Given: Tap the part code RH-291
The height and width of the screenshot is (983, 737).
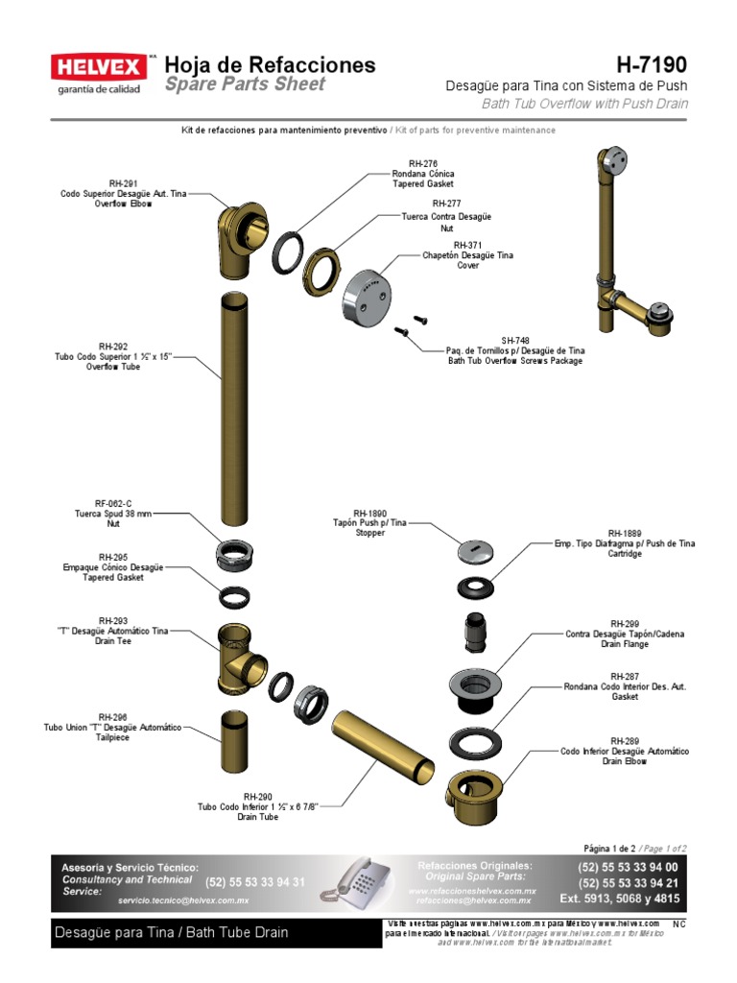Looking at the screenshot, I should click(x=123, y=182).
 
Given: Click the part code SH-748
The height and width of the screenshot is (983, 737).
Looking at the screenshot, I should click(x=514, y=340).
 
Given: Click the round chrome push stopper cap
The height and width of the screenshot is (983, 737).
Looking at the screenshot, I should click(x=476, y=551).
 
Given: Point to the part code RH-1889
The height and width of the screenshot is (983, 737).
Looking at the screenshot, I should click(x=625, y=533).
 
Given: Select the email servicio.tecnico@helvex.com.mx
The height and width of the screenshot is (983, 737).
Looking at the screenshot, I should click(x=183, y=900).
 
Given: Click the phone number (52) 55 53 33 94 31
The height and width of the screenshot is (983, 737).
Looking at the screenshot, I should click(x=255, y=882).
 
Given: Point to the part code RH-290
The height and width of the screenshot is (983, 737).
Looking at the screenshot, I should click(x=258, y=796).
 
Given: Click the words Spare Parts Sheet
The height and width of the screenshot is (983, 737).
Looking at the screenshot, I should click(x=245, y=84).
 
